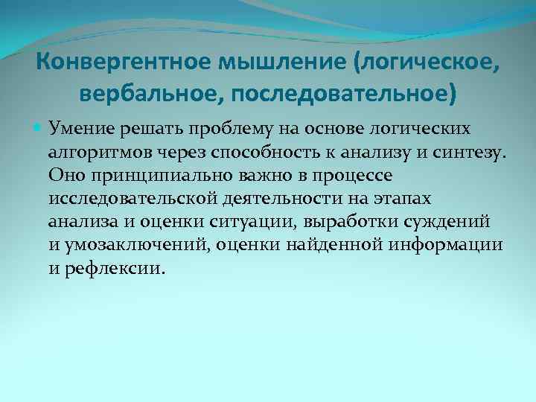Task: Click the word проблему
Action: pos(227,129)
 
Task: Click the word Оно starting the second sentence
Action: pos(63,176)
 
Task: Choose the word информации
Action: pos(452,245)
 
